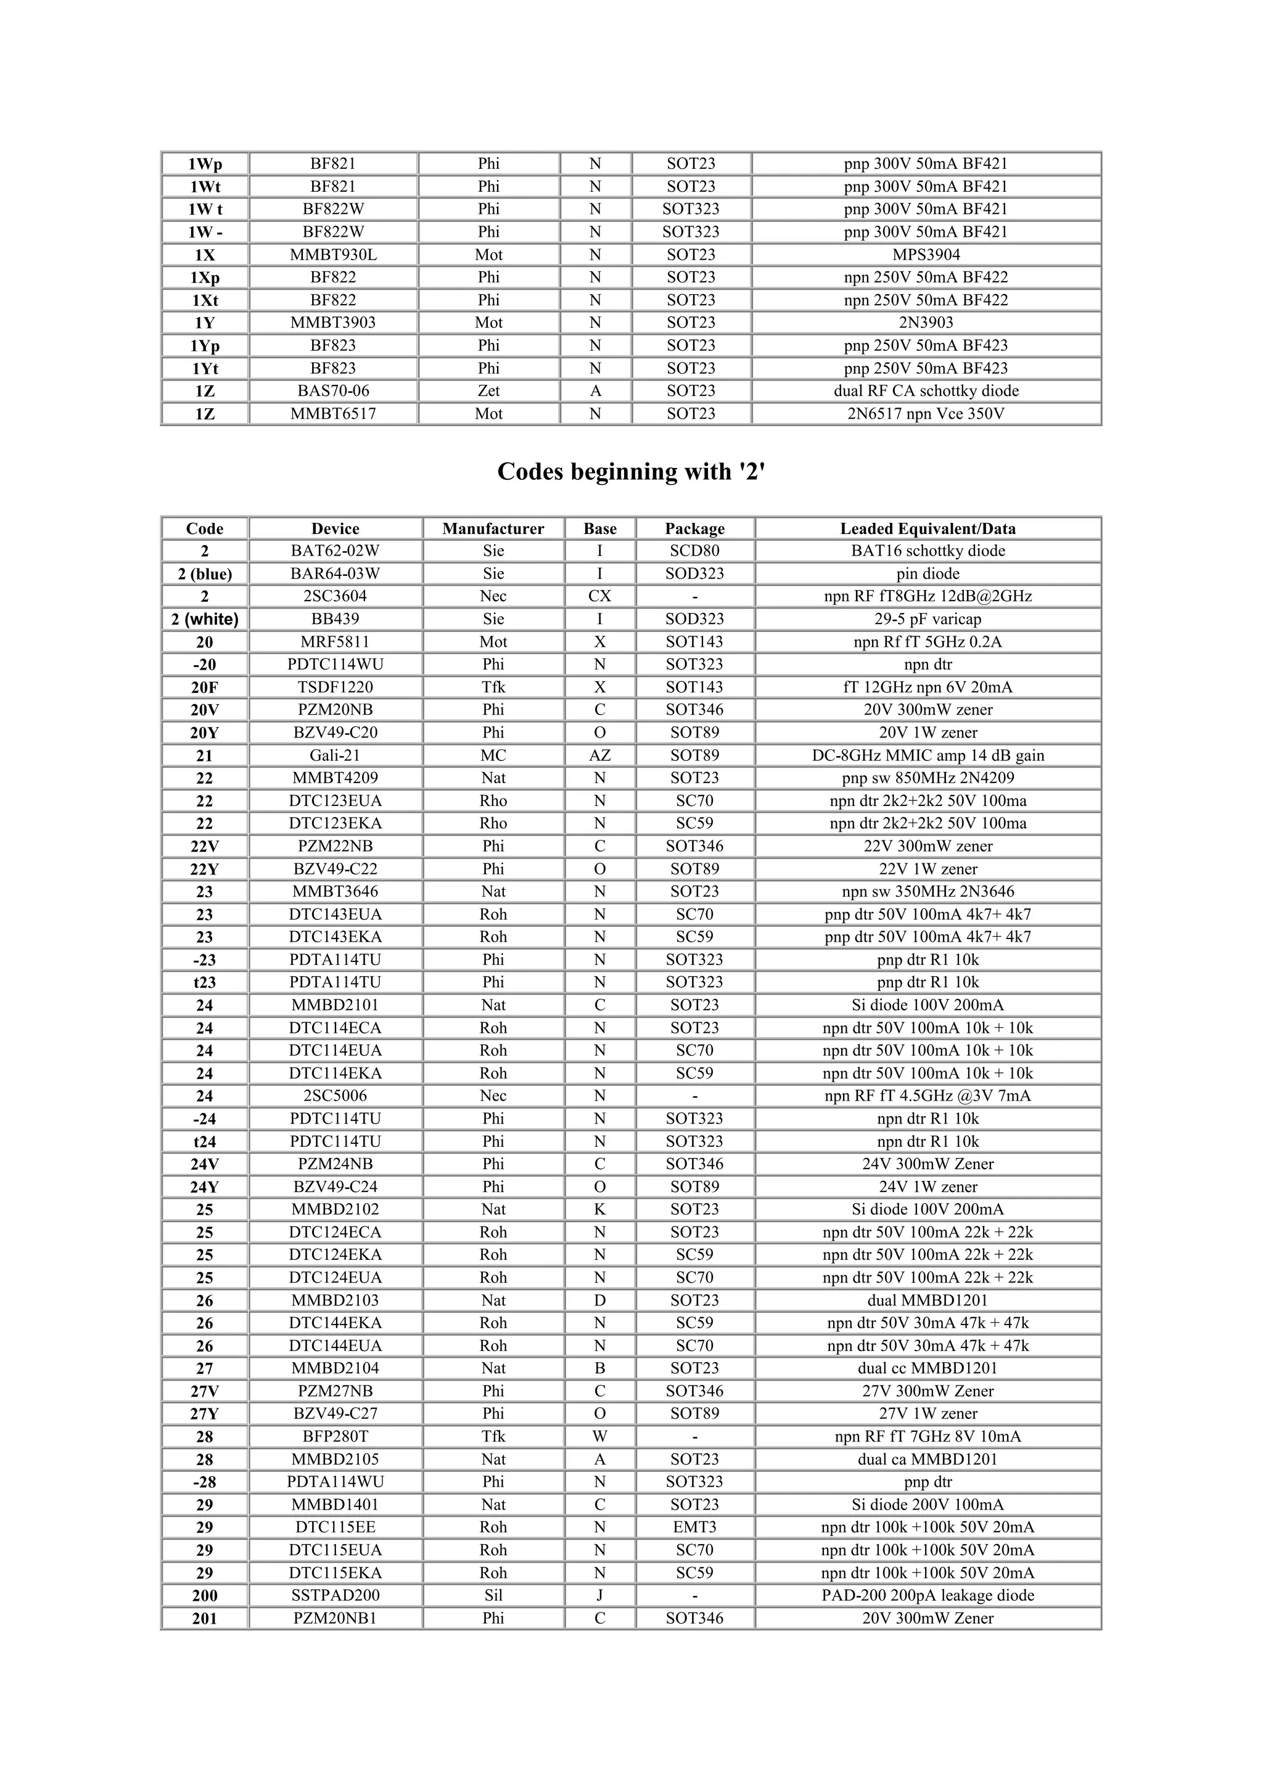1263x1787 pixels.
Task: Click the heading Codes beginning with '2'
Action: [631, 472]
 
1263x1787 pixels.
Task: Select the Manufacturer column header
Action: [493, 528]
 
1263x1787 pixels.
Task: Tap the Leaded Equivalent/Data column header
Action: [928, 528]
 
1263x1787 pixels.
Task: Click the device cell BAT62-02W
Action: [335, 551]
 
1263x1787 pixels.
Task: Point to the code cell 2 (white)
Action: [205, 620]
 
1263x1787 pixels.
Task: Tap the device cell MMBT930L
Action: [333, 255]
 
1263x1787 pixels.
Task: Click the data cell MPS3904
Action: [926, 255]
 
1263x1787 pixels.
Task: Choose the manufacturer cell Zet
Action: [488, 391]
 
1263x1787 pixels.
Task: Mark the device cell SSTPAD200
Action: [335, 1596]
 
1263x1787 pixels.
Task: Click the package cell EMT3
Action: [694, 1527]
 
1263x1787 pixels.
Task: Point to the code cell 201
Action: [205, 1619]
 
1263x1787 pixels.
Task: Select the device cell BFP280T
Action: [335, 1437]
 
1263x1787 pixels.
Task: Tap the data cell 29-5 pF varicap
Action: [928, 620]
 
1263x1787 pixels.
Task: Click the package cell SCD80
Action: [694, 551]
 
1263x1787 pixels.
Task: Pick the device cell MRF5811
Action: [335, 642]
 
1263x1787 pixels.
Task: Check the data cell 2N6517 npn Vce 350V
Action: [926, 414]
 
